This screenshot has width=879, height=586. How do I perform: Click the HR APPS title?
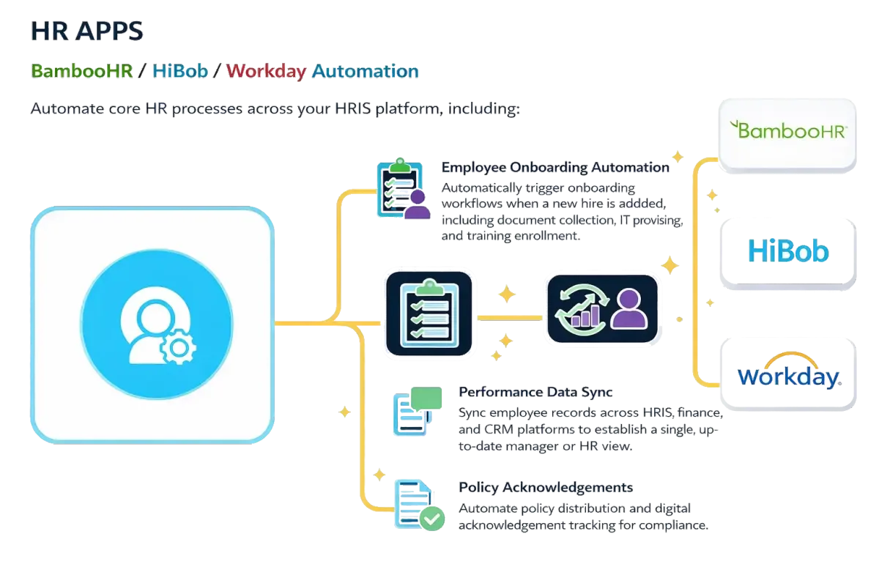tap(88, 31)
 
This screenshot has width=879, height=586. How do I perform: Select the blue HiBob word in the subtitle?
tap(180, 71)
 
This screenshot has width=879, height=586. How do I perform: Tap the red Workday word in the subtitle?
tap(266, 71)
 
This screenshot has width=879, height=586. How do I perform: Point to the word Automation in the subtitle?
tap(366, 71)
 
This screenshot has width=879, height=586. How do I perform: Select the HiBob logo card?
tap(788, 252)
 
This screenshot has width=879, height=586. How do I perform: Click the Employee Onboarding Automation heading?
tap(555, 167)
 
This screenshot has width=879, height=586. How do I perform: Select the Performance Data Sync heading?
tap(535, 392)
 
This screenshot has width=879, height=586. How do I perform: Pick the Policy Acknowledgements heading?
tap(545, 487)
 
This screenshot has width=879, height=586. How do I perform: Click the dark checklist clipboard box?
tap(428, 313)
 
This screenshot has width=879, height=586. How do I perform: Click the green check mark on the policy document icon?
tap(431, 519)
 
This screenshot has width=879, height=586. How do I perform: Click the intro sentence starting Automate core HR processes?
tap(275, 110)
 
